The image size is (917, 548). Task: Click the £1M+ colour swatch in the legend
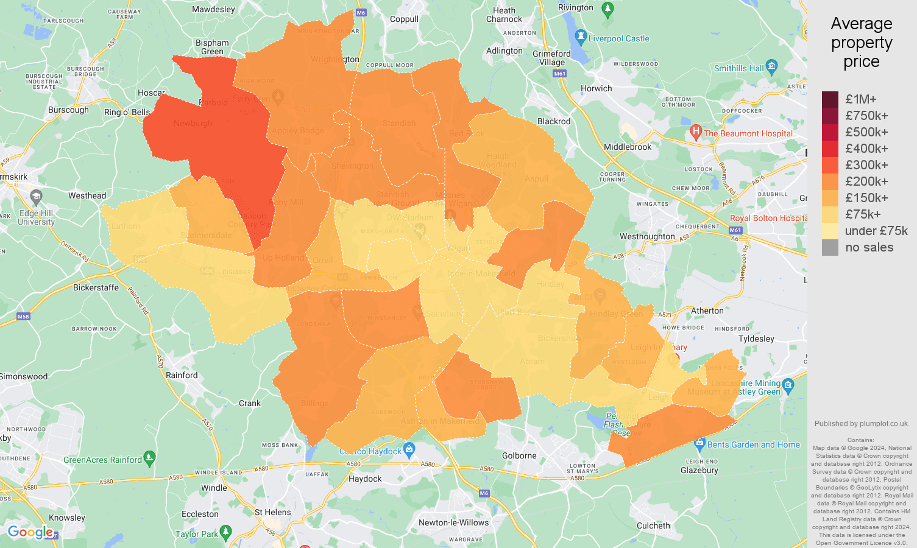click(x=830, y=99)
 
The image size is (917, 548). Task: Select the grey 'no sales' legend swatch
click(x=830, y=247)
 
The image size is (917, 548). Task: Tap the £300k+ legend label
click(x=866, y=165)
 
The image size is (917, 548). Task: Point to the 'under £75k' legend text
click(x=876, y=231)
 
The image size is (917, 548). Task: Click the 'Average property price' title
click(x=861, y=43)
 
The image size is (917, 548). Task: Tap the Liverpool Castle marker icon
click(x=581, y=37)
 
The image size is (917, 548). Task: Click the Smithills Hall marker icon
click(x=772, y=66)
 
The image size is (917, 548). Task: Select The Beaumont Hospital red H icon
click(x=696, y=132)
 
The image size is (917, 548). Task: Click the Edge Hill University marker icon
click(x=36, y=197)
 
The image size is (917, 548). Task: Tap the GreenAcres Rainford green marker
click(x=150, y=457)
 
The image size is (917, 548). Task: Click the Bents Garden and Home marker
click(x=699, y=443)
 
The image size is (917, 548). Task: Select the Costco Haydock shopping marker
click(x=409, y=450)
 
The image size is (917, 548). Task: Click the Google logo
click(x=30, y=533)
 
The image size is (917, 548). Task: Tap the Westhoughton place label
click(x=647, y=236)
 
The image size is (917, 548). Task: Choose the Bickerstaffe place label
click(x=96, y=287)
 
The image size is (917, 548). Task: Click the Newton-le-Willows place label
click(x=453, y=522)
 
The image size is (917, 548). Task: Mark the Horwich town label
click(x=596, y=88)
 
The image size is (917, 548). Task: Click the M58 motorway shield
click(x=23, y=317)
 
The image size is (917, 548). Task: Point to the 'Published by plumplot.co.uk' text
click(x=862, y=424)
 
